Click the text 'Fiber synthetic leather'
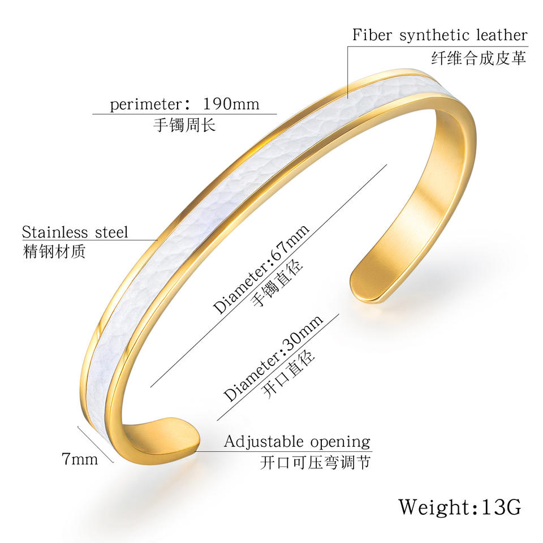coord(440,35)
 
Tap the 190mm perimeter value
coord(231,104)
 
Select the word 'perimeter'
coord(145,105)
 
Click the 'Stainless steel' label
coord(75,232)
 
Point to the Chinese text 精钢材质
coord(54,251)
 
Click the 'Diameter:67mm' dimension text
coord(261,269)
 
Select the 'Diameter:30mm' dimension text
coord(273,358)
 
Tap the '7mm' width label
coord(80,459)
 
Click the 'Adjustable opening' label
coord(297,442)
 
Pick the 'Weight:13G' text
coord(460,507)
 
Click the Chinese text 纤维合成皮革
coord(479,58)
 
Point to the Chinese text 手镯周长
coord(184,124)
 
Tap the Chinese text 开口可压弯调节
coord(315,462)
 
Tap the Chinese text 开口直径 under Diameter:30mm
coord(289,374)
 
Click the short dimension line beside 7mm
coord(96,445)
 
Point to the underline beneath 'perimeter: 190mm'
coord(184,114)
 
